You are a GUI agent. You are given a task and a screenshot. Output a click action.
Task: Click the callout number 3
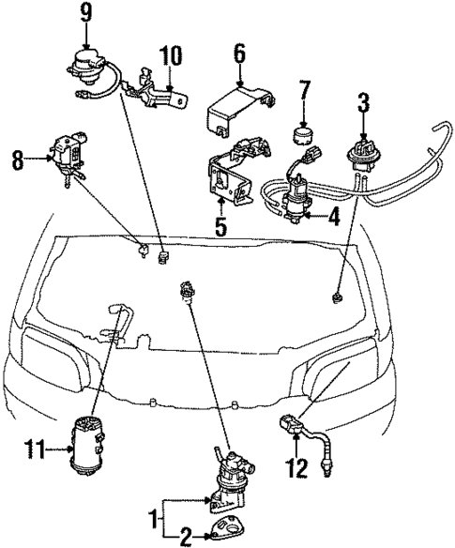362,97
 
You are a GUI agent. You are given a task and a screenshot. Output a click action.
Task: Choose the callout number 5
221,226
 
